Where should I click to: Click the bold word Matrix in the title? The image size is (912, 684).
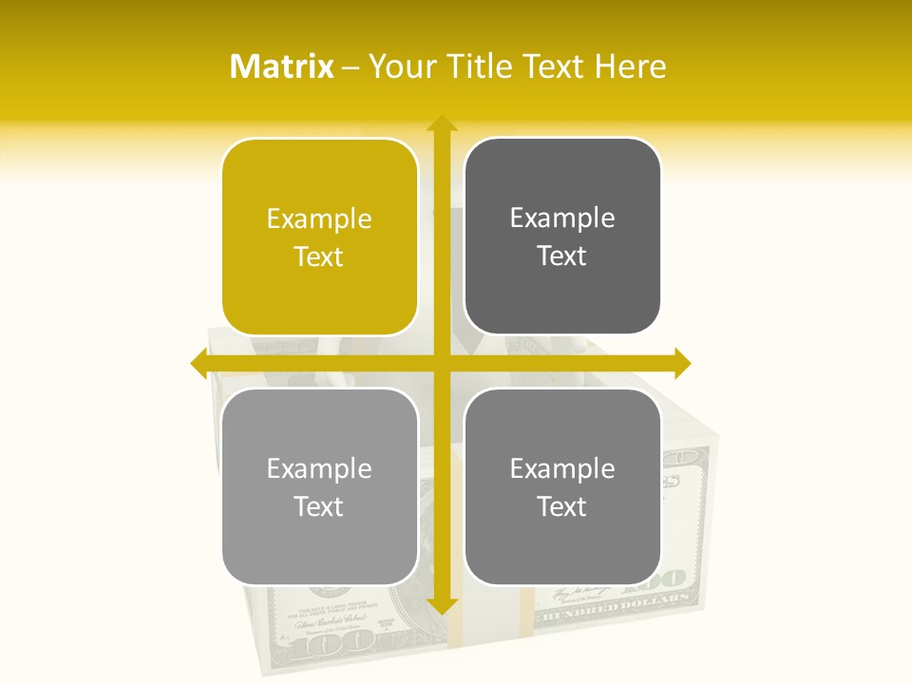[282, 66]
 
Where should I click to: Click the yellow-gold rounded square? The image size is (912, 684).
[319, 237]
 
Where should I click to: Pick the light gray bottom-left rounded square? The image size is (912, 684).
[319, 486]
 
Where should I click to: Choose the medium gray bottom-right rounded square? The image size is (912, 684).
[562, 486]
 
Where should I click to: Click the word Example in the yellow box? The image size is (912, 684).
[319, 219]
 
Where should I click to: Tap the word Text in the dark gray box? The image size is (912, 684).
[562, 256]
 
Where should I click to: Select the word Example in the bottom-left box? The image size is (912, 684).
[319, 468]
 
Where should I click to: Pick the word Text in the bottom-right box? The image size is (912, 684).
[562, 506]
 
